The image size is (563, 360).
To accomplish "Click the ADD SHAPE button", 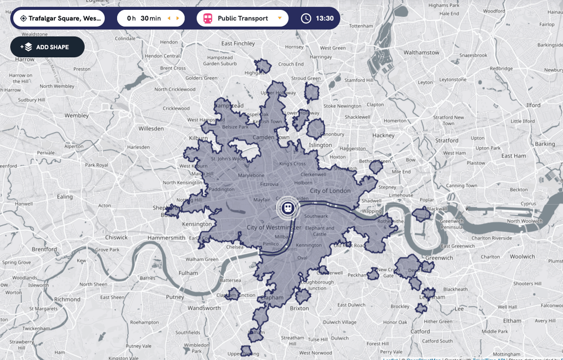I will click(x=47, y=47).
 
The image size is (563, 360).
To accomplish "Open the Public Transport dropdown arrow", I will click(x=280, y=18).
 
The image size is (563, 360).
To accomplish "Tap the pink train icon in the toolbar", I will click(x=207, y=18).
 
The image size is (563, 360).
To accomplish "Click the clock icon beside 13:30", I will click(x=306, y=18).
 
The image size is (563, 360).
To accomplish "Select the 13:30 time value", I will click(x=325, y=18).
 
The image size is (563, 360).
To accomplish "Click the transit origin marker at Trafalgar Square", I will click(x=288, y=208).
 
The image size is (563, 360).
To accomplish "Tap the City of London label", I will click(x=330, y=191).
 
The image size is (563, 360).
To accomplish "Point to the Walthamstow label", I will click(x=422, y=52).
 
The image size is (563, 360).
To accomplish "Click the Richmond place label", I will click(x=67, y=299).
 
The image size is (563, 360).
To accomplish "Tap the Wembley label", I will click(x=77, y=115).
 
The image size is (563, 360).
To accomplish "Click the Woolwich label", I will click(x=522, y=256).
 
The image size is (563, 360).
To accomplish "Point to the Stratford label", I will click(x=447, y=140).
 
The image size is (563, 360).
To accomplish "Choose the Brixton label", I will click(x=299, y=308).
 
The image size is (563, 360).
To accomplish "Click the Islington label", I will click(x=320, y=145).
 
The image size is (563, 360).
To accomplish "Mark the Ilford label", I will click(x=533, y=105).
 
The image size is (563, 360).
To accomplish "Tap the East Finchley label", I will click(x=238, y=43).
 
